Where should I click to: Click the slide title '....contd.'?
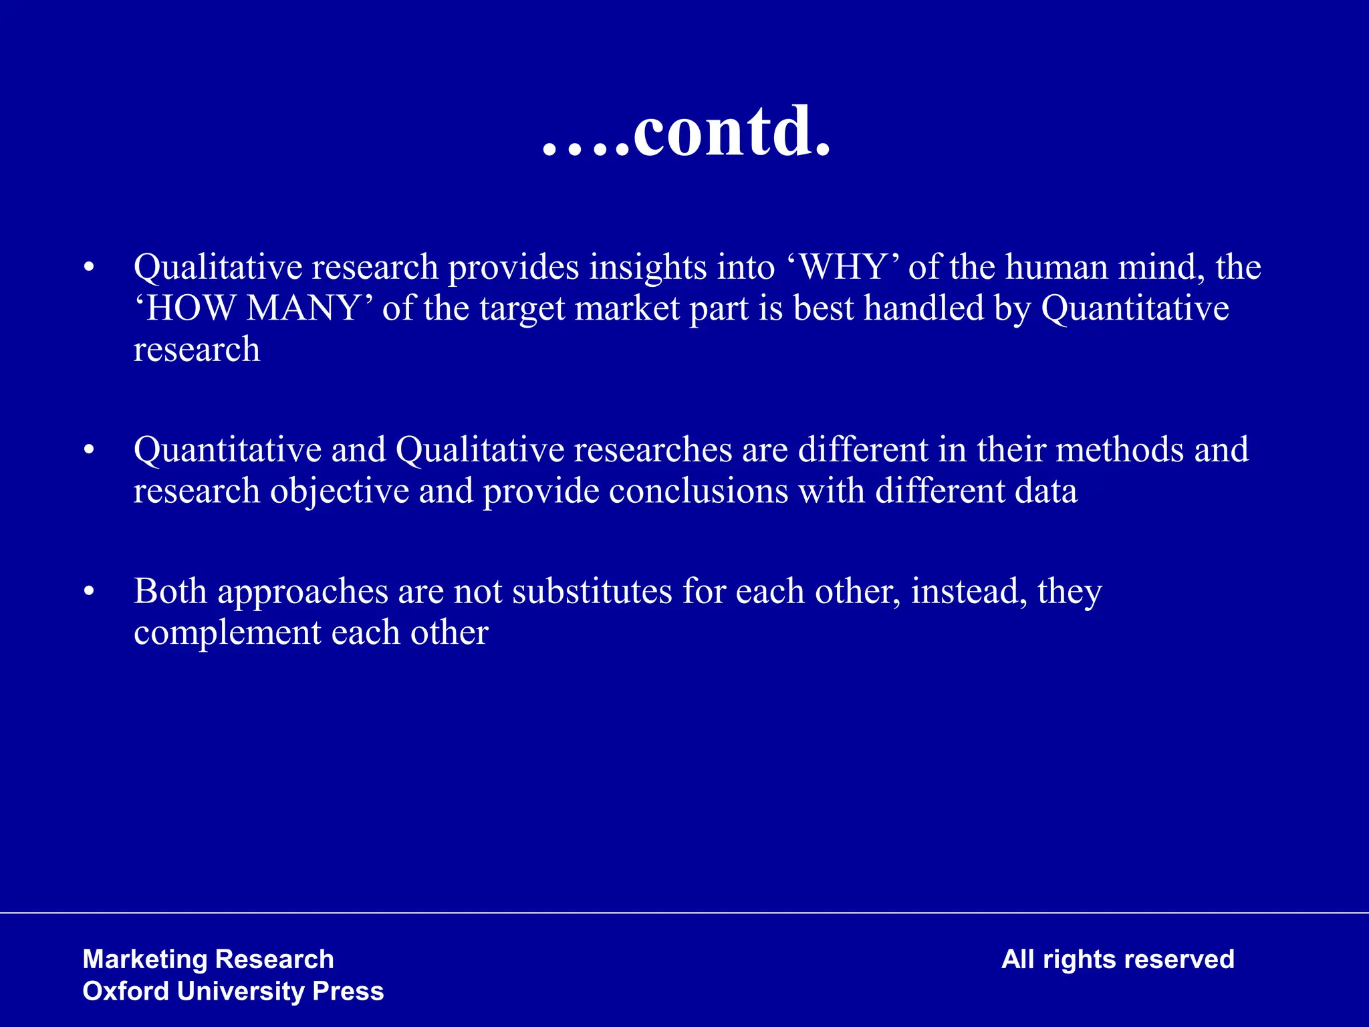687,133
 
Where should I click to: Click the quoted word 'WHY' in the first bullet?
842,267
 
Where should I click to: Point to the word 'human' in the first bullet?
1057,267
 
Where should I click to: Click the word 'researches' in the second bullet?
652,449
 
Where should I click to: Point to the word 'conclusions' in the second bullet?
699,491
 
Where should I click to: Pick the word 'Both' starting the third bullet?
170,592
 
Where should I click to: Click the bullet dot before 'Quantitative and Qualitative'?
89,451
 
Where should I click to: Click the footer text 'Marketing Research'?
208,959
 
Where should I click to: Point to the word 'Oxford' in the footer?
125,992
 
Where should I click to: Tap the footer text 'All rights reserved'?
1118,959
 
